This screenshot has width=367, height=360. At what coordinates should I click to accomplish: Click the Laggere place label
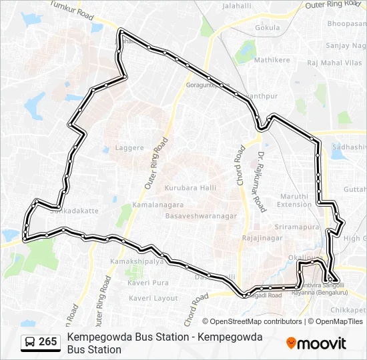pyautogui.click(x=129, y=147)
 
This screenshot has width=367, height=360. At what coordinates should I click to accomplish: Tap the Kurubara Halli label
pyautogui.click(x=190, y=188)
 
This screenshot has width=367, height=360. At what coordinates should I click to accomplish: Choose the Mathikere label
pyautogui.click(x=272, y=60)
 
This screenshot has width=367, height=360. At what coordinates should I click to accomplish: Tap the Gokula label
pyautogui.click(x=268, y=28)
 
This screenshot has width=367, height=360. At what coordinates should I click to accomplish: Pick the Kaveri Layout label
pyautogui.click(x=153, y=298)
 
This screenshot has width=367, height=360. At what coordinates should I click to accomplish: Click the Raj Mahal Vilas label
pyautogui.click(x=335, y=62)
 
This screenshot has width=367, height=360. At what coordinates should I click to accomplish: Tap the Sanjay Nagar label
pyautogui.click(x=346, y=45)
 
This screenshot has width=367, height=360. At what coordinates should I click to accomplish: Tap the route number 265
pyautogui.click(x=47, y=342)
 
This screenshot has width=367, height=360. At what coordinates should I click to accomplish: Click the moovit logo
pyautogui.click(x=316, y=343)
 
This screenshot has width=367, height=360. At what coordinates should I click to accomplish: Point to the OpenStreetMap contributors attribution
pyautogui.click(x=252, y=321)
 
